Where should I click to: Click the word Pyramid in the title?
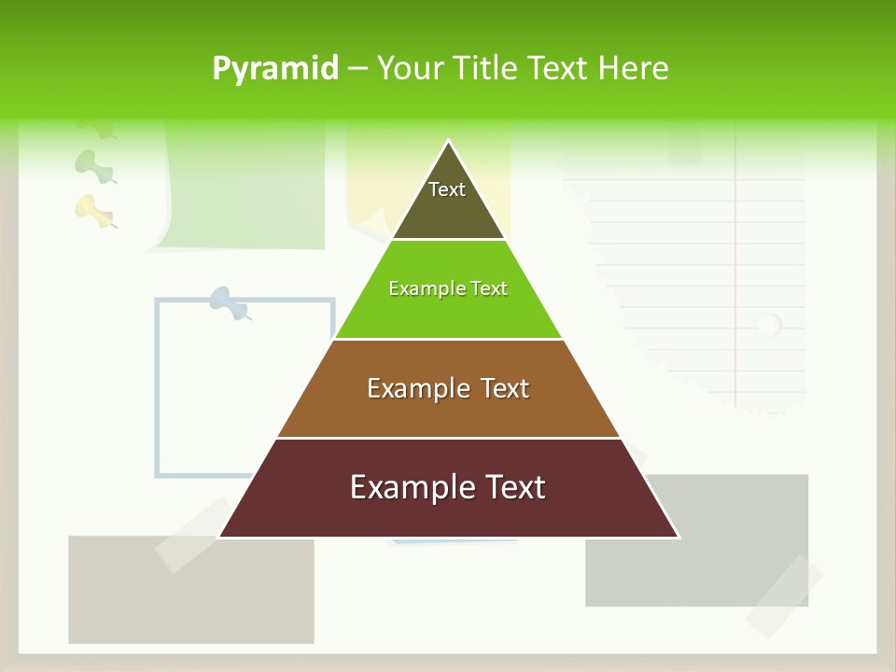275,69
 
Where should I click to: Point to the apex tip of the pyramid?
449,143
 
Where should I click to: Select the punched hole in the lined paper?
768,326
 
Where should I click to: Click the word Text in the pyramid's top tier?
447,189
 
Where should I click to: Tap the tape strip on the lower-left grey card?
193,534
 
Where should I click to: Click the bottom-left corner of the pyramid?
220,537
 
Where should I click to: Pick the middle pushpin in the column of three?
93,165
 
